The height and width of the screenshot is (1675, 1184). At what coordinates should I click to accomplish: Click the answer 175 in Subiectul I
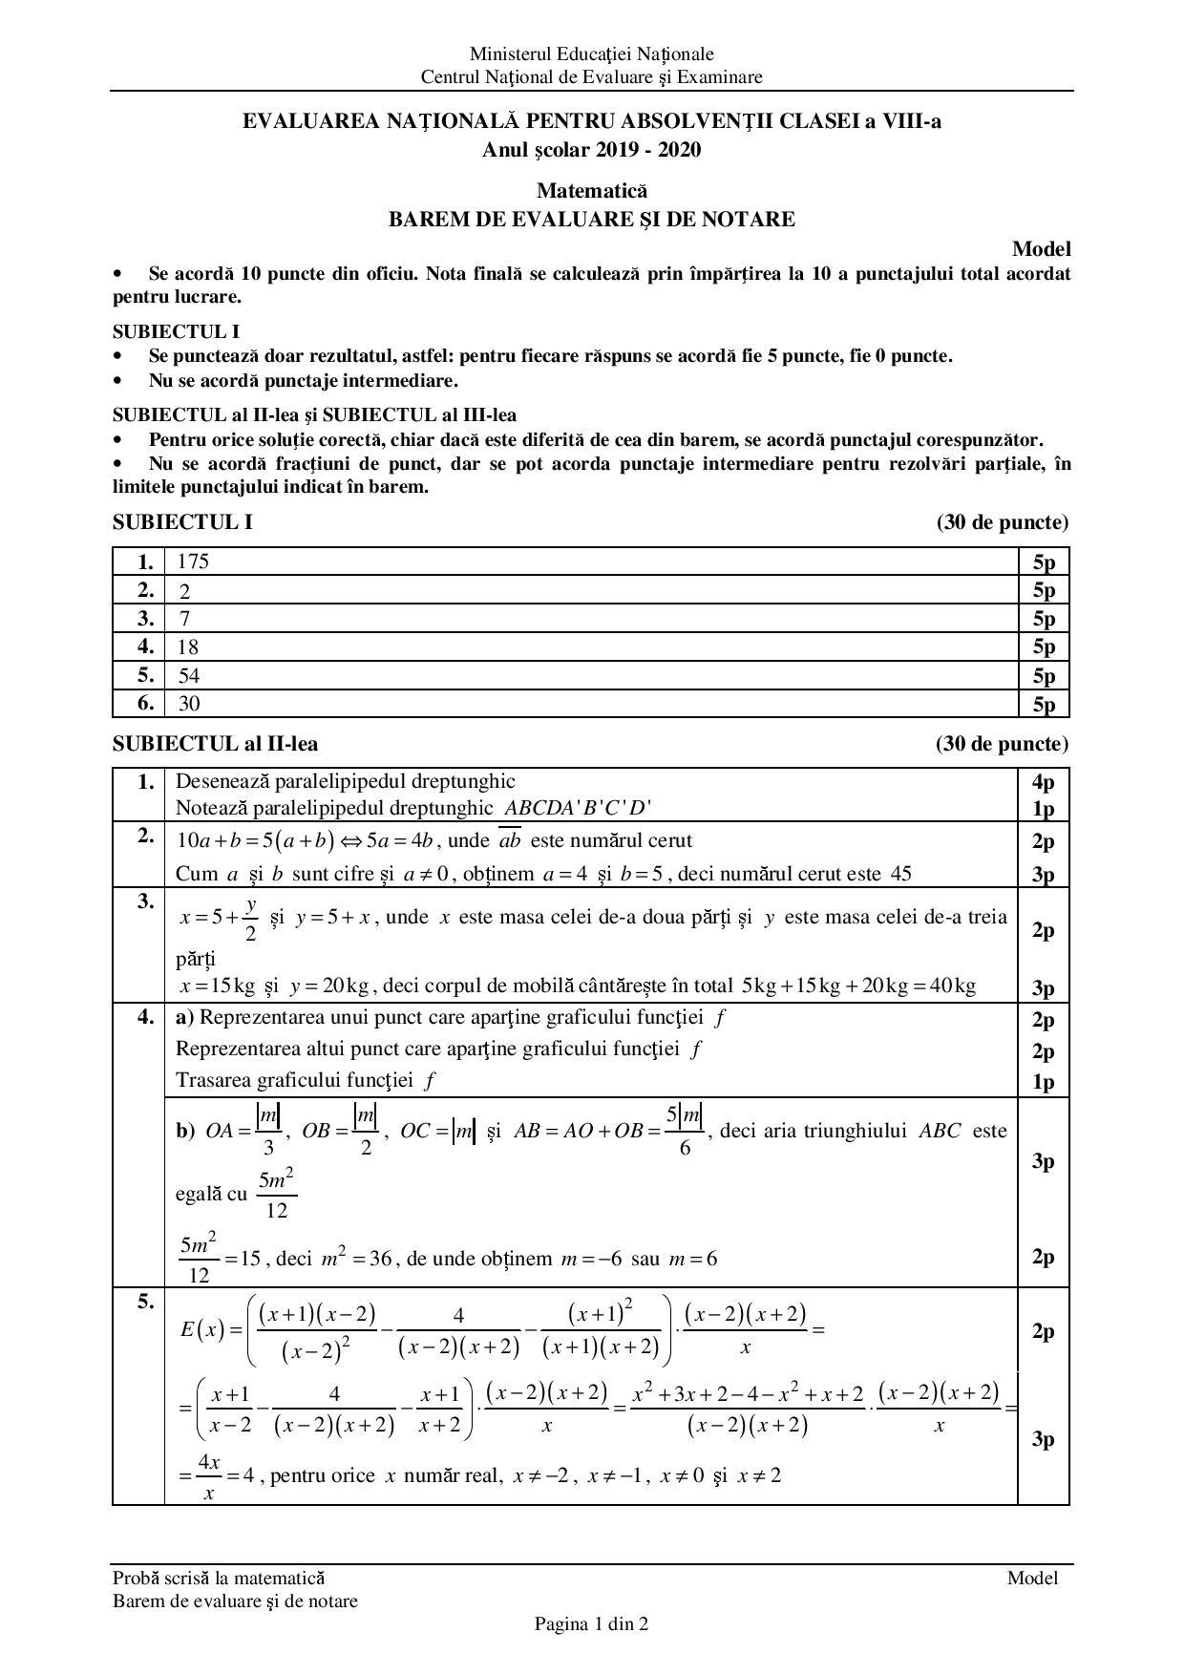coord(193,562)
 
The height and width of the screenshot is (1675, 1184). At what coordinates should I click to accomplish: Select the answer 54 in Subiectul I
coord(188,676)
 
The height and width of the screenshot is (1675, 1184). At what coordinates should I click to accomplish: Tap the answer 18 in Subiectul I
coord(188,647)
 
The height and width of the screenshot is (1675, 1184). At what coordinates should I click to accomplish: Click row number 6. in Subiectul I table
coord(145,704)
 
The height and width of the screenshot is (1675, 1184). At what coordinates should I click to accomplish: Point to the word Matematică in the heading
coord(591,191)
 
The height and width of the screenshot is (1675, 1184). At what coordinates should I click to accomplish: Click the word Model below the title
coord(1041,249)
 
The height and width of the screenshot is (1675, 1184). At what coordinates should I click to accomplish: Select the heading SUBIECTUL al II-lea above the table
coord(216,744)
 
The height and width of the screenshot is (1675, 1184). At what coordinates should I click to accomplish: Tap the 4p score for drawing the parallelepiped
coord(1043,783)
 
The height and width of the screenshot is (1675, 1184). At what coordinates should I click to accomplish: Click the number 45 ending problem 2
coord(900,874)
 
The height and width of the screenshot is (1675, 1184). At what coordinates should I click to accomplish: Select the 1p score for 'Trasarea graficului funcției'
coord(1043,1082)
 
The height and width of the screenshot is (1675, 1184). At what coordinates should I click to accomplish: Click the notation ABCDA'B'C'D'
coord(578,808)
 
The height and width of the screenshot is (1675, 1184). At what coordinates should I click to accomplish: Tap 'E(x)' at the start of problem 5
coord(201,1328)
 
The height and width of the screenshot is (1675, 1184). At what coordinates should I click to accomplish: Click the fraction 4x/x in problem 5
coord(209,1475)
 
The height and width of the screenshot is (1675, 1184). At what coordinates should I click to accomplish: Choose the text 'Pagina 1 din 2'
coord(591,1623)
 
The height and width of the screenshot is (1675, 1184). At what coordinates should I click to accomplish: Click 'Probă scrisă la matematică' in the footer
coord(219,1578)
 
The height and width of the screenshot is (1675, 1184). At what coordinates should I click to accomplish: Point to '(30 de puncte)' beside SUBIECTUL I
coord(1002,522)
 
